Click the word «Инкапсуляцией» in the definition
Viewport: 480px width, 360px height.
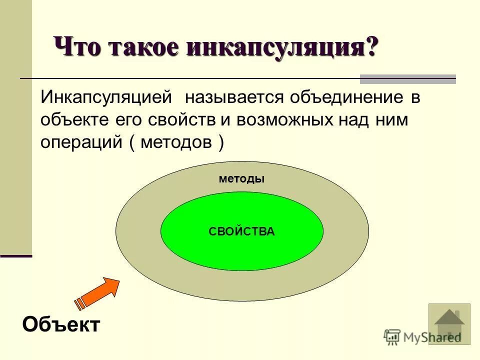pos(106,98)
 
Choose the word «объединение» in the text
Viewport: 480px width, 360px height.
pos(345,98)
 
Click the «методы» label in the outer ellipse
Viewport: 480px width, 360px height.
pos(241,178)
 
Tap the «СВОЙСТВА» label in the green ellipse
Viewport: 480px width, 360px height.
pos(241,231)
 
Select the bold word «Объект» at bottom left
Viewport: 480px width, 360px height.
pos(61,325)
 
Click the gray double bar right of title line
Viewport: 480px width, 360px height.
pos(408,78)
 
